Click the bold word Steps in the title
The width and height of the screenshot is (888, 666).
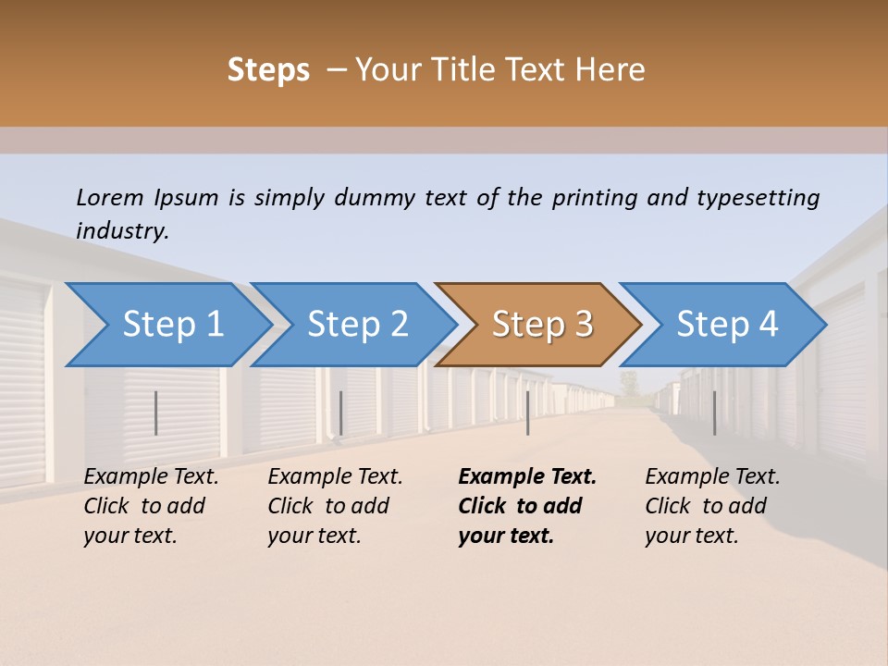tap(268, 70)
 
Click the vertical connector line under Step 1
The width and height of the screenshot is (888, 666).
tap(156, 413)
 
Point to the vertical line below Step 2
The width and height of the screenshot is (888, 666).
tap(341, 413)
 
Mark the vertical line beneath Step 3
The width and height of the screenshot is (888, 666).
tap(527, 413)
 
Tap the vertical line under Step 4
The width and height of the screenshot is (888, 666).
tap(714, 413)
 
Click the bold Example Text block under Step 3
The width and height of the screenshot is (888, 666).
tap(527, 506)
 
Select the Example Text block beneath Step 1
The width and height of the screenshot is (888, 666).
tap(151, 506)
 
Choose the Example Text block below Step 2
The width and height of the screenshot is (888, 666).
tap(335, 506)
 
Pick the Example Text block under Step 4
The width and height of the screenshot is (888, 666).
tap(712, 506)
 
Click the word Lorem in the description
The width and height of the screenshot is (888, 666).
tap(110, 197)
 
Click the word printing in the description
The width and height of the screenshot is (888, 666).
tap(594, 198)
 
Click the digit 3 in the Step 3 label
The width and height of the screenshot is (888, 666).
tap(583, 325)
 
